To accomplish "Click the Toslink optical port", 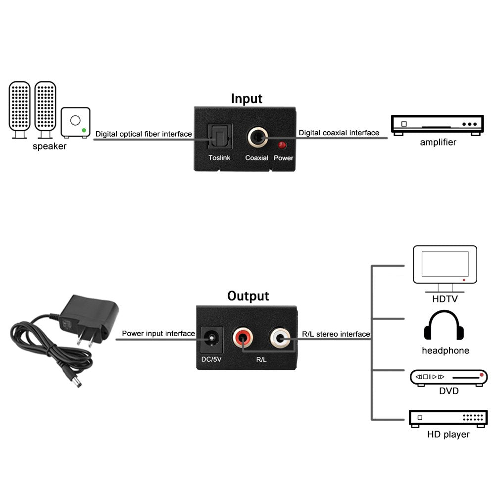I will pyautogui.click(x=216, y=136).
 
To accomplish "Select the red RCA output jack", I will pyautogui.click(x=244, y=339).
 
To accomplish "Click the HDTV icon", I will pyautogui.click(x=445, y=270).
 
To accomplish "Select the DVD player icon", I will pyautogui.click(x=448, y=377).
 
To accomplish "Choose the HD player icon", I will pyautogui.click(x=448, y=418).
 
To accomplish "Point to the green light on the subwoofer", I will pyautogui.click(x=84, y=131).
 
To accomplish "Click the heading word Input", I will pyautogui.click(x=247, y=99).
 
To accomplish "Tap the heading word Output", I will pyautogui.click(x=248, y=296).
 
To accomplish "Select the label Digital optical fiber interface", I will pyautogui.click(x=144, y=134).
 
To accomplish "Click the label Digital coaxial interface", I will pyautogui.click(x=339, y=133).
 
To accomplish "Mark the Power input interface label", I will pyautogui.click(x=158, y=334).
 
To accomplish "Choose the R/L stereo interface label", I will pyautogui.click(x=336, y=334).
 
